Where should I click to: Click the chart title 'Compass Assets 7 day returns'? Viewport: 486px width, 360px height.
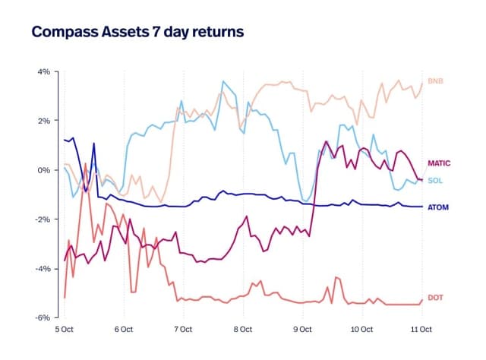[x=137, y=33]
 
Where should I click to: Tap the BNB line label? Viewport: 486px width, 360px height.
[x=436, y=81]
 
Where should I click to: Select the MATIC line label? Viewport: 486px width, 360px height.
[x=440, y=163]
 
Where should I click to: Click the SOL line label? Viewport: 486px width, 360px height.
[x=435, y=180]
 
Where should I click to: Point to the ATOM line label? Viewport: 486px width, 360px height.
[x=438, y=207]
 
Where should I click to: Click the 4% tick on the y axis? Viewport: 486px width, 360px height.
[x=43, y=71]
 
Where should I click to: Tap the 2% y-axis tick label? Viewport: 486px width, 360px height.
[x=43, y=121]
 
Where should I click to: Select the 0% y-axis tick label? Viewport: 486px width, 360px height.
[x=43, y=170]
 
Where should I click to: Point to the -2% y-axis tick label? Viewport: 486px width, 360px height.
[x=42, y=219]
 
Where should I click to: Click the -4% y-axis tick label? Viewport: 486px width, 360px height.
[x=42, y=269]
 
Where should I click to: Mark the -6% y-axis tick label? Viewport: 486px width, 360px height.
[x=42, y=317]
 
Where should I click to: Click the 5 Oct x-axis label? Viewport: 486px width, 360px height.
[x=64, y=330]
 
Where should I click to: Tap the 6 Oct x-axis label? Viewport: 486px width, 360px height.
[x=124, y=330]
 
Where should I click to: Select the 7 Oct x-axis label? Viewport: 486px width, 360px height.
[x=183, y=330]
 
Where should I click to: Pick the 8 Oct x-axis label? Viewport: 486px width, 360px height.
[x=243, y=330]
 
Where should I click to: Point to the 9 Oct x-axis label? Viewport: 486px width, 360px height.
[x=302, y=330]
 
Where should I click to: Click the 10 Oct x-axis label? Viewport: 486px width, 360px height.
[x=361, y=330]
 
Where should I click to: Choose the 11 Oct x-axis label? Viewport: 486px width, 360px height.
[x=421, y=330]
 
